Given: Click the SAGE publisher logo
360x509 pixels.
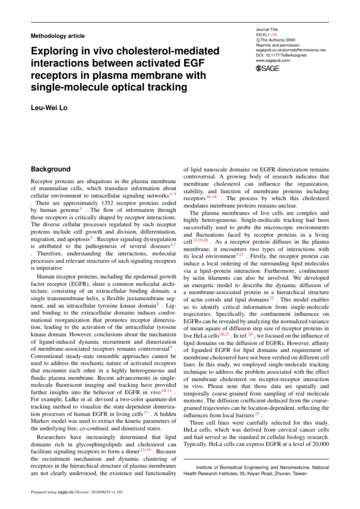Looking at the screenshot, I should [268, 69].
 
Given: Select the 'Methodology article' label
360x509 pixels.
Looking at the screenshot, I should [58, 36].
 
